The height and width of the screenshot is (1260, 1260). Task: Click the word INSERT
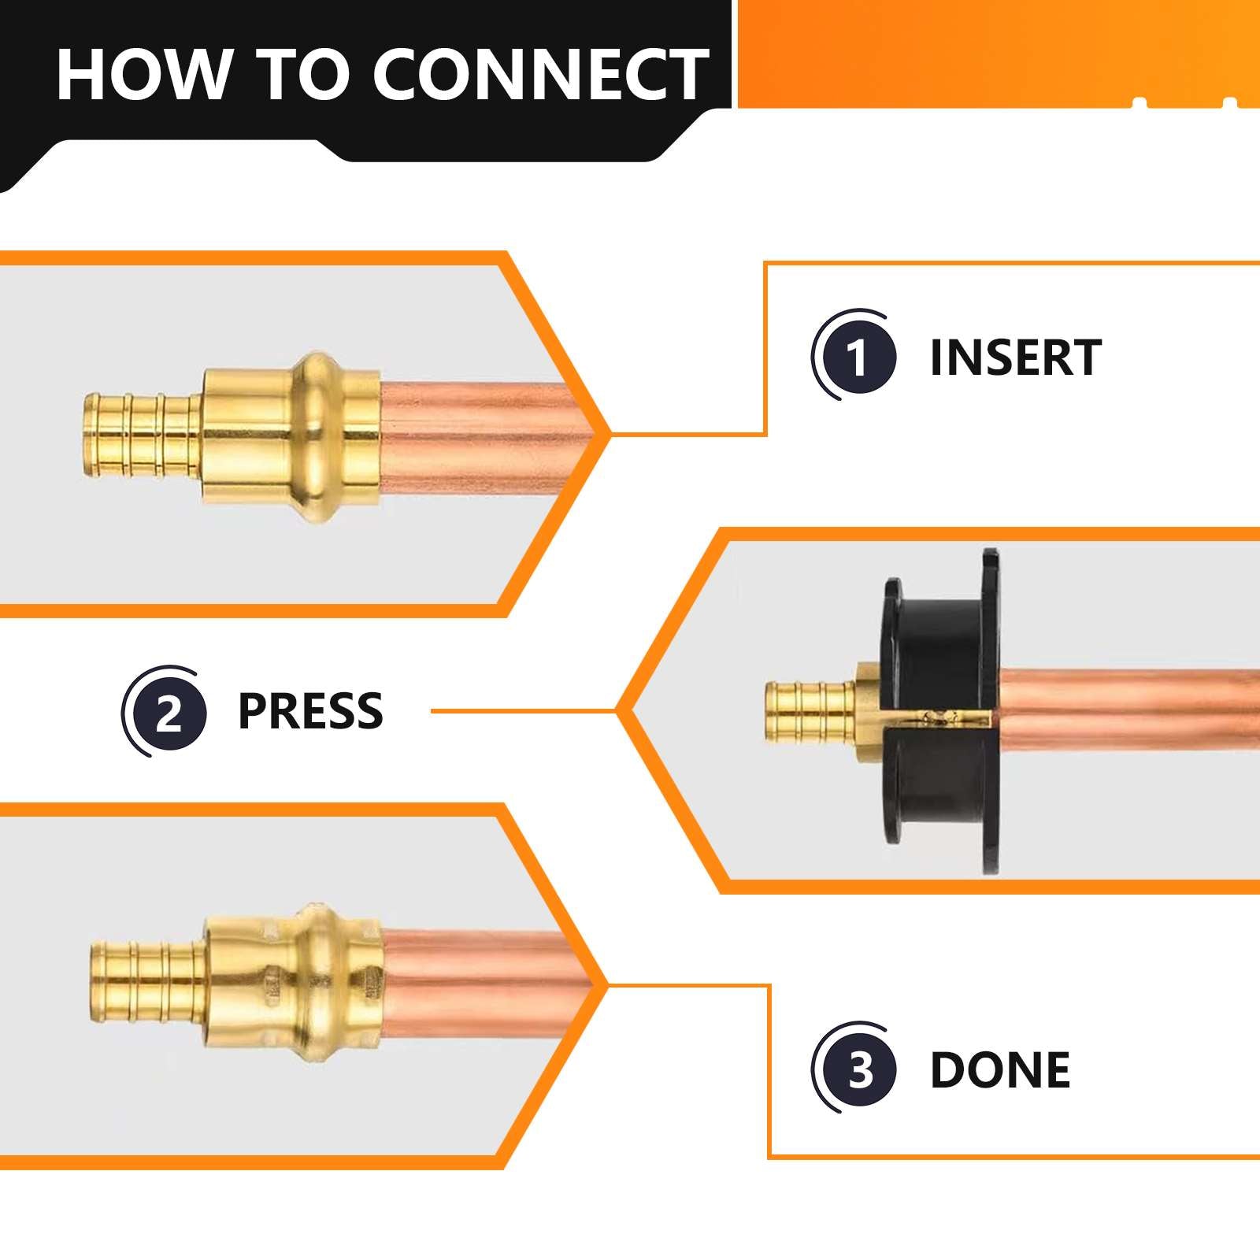coord(1015,358)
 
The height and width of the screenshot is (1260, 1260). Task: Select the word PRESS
coord(310,711)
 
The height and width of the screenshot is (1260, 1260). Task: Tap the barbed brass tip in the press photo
coord(807,711)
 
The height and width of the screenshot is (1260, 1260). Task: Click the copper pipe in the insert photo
coord(480,437)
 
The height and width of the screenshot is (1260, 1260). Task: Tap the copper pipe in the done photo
coord(480,984)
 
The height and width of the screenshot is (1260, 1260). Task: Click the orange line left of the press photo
coord(524,711)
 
